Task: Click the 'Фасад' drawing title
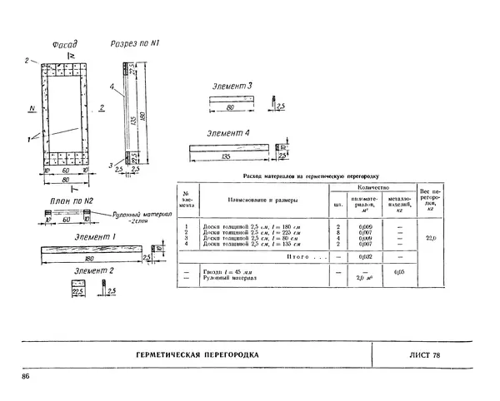click(64, 44)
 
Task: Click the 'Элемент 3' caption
click(233, 87)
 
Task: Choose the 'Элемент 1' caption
click(94, 237)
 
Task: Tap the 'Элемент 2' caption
click(94, 271)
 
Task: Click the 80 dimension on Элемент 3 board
click(232, 107)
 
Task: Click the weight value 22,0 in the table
click(430, 238)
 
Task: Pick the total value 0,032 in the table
click(364, 257)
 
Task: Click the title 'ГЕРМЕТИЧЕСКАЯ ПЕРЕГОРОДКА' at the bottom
click(197, 355)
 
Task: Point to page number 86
click(26, 378)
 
